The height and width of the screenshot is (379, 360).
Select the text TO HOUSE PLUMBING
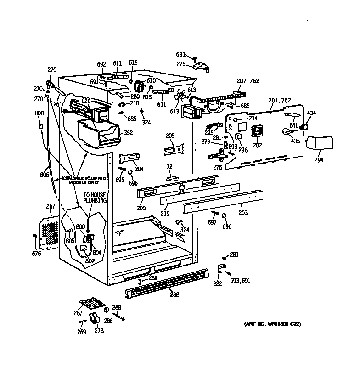tap(95, 198)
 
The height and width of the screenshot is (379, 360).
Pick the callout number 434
tap(311, 113)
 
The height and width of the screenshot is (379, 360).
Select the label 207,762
tap(247, 81)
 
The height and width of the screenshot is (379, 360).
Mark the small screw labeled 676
tap(35, 237)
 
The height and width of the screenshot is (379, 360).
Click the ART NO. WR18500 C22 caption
tap(272, 324)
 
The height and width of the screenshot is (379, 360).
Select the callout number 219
tap(165, 214)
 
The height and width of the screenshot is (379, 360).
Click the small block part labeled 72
tap(173, 177)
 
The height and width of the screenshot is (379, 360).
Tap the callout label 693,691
tap(240, 280)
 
